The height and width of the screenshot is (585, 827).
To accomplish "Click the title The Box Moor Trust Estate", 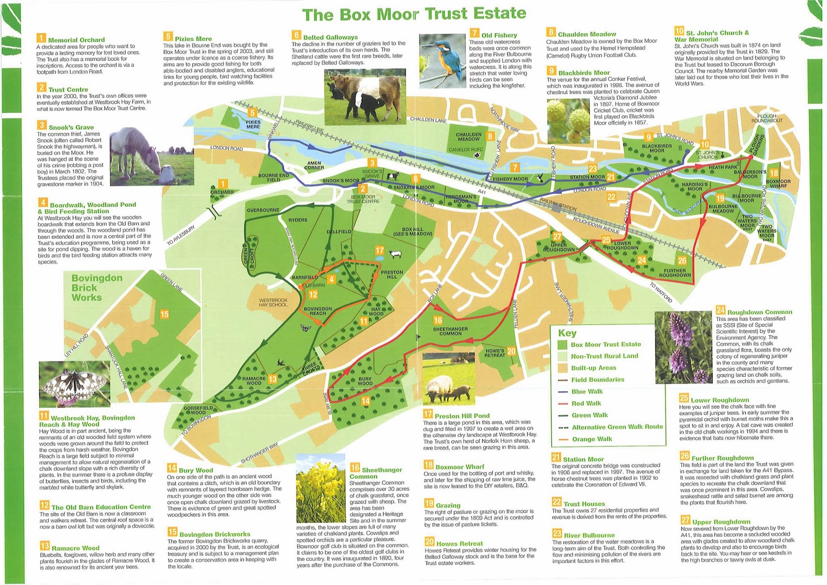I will [x=414, y=14].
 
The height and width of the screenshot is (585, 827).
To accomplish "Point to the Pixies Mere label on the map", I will [x=253, y=125].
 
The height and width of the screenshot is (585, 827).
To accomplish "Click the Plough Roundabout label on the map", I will [x=767, y=118].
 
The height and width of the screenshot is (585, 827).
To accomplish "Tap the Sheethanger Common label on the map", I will [x=450, y=331].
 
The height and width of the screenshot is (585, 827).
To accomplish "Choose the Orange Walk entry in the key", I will [x=592, y=439].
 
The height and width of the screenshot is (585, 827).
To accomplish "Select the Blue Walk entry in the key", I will [x=587, y=392].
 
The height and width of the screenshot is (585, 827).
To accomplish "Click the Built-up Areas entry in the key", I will [x=593, y=368].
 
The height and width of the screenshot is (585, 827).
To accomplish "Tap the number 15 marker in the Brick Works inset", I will [x=164, y=314].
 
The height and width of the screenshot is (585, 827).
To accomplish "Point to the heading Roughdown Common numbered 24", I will [x=759, y=312].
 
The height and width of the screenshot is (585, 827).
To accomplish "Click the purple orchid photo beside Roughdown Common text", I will [x=683, y=347].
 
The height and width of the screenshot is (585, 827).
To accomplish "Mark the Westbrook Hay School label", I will [x=273, y=302].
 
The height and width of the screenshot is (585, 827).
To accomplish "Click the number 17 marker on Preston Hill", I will [x=379, y=251].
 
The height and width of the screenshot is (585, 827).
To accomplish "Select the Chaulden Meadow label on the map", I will [x=468, y=136].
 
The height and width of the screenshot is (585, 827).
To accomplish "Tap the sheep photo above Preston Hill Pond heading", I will [x=449, y=379].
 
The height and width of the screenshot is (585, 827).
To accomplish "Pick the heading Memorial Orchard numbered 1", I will [x=76, y=40].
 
